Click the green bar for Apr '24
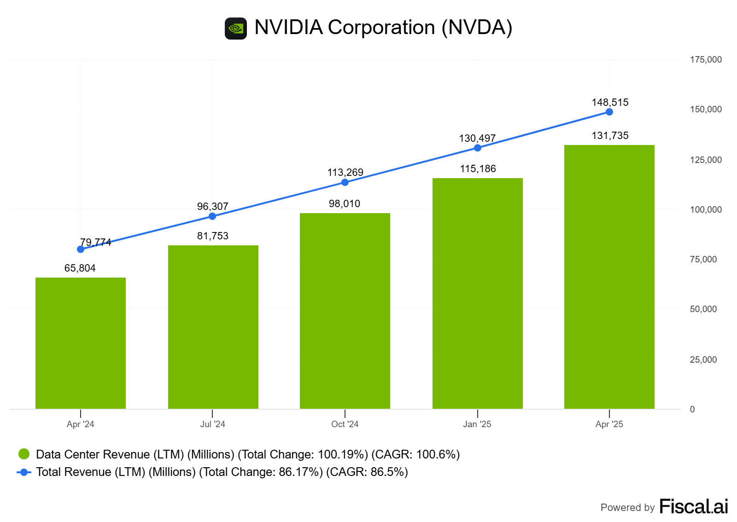tap(81, 343)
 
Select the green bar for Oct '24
tap(345, 311)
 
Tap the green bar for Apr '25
tap(609, 277)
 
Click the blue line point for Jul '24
tap(212, 216)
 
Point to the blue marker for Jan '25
tap(478, 148)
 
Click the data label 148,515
tap(610, 102)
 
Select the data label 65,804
tap(80, 268)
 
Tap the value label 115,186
tap(478, 168)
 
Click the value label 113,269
tap(345, 172)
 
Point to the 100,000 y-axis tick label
tap(706, 209)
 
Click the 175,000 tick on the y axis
tap(706, 59)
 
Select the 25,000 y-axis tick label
tap(703, 360)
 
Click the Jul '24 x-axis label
tap(212, 424)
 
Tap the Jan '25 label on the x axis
tap(477, 424)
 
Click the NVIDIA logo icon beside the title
tap(236, 29)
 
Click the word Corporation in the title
tap(381, 27)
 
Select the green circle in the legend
tap(24, 454)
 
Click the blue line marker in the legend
tap(24, 472)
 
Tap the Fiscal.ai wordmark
tap(693, 506)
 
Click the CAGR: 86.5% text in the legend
tap(367, 472)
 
